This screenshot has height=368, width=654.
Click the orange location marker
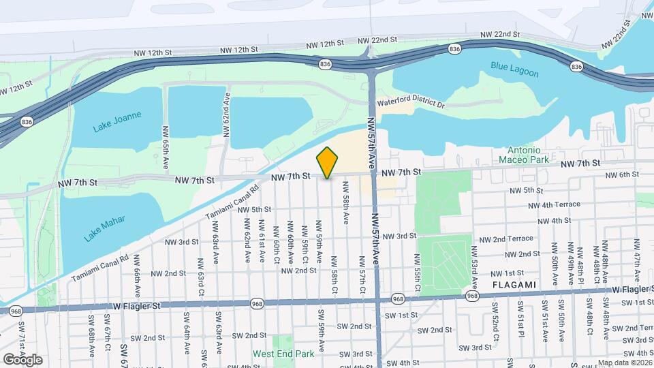(327, 162)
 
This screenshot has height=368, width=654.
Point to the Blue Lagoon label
(514, 70)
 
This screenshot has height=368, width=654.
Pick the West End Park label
(283, 354)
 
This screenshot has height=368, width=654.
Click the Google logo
(22, 359)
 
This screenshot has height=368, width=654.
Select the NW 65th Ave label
(166, 147)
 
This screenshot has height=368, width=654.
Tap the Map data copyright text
(625, 363)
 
